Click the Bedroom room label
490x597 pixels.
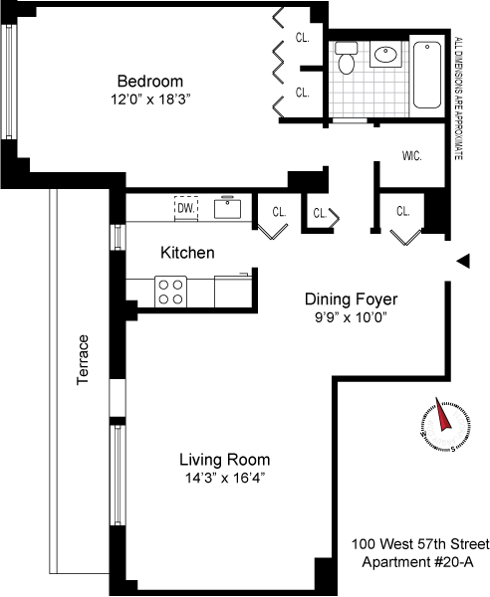click(x=150, y=82)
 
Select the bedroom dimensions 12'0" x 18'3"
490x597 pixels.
click(x=150, y=99)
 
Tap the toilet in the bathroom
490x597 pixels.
click(x=346, y=58)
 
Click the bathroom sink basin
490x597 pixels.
click(x=385, y=55)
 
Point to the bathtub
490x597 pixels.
click(x=427, y=75)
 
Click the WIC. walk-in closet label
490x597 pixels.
click(x=411, y=156)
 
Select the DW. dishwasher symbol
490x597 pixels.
click(x=186, y=208)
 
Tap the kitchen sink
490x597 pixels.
click(x=227, y=208)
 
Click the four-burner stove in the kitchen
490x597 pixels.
click(x=170, y=292)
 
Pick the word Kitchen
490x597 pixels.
click(x=187, y=253)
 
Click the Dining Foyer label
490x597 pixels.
click(x=351, y=298)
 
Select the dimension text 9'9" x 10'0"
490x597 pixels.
click(x=351, y=317)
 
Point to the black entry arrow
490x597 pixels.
click(x=463, y=261)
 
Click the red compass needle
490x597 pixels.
click(x=442, y=414)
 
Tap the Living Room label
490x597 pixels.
click(x=225, y=460)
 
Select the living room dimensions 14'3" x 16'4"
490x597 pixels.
click(x=225, y=478)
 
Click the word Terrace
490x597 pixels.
click(x=83, y=360)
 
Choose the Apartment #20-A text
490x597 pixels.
click(x=417, y=561)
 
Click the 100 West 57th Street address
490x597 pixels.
click(x=420, y=544)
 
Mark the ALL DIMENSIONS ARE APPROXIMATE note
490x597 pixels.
click(x=459, y=99)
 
